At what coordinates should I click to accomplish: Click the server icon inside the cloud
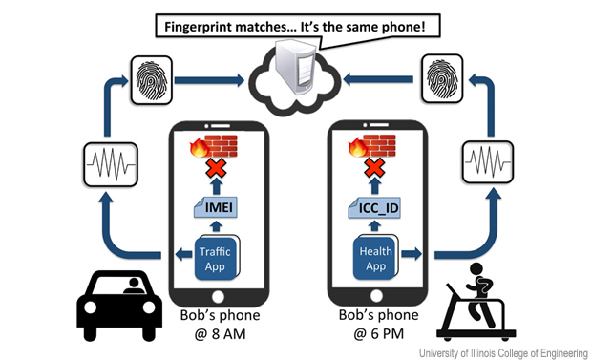coord(294,73)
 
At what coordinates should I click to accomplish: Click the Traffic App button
coord(217,257)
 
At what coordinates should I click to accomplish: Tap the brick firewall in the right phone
coord(377,146)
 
